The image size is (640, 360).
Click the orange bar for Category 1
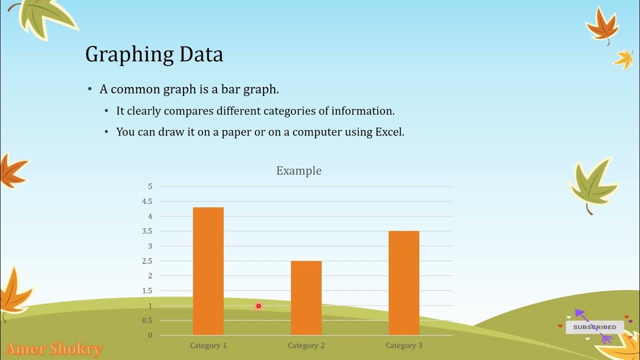pos(208,271)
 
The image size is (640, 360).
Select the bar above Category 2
pos(306,297)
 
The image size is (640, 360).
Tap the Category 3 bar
pos(403,282)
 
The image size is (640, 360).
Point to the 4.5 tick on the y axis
pos(147,201)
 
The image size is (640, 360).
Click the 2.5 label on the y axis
pos(147,261)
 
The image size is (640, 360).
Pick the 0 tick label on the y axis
pos(149,335)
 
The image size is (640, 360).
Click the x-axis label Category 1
pos(208,345)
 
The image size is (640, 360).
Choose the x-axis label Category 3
pos(403,345)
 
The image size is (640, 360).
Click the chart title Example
pos(298,170)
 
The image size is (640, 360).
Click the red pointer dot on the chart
pos(258,306)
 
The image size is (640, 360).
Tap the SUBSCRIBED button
pos(594,327)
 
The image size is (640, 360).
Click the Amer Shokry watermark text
pos(53,349)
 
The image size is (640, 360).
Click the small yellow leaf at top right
pos(623,59)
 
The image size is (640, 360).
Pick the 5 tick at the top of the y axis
pos(149,186)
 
